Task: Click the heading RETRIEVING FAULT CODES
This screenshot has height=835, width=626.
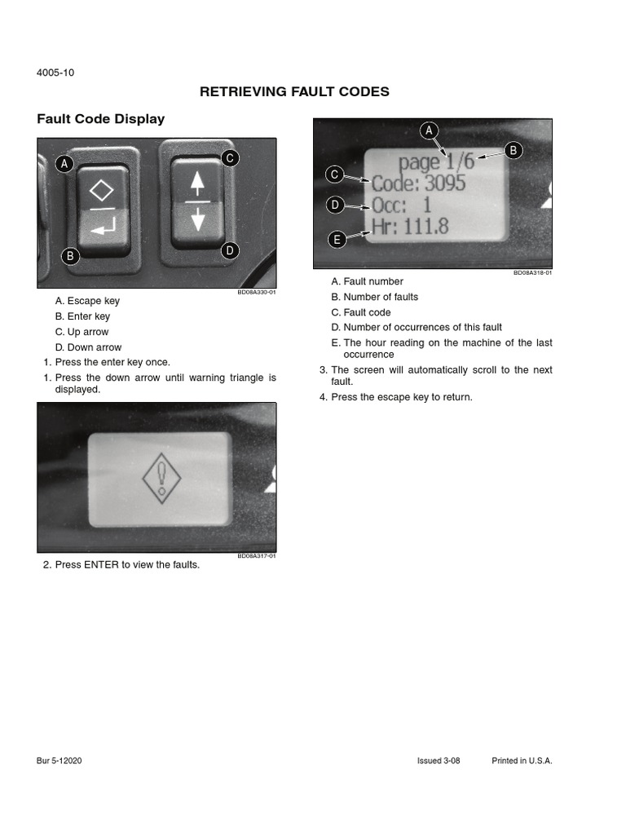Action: coord(294,92)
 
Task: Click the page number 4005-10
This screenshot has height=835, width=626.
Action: coord(55,73)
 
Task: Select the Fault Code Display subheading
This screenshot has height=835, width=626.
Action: coord(101,119)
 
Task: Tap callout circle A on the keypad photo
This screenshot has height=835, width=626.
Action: coord(64,165)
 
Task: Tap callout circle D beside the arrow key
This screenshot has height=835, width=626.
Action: coord(230,250)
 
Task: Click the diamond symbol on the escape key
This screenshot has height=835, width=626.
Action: coord(102,192)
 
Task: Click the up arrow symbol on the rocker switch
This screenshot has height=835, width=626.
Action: coord(196,184)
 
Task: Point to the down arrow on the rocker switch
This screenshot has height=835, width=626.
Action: coord(196,219)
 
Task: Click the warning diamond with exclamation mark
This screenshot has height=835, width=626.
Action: coord(161,478)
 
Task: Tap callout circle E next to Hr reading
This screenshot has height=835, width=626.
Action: coord(335,239)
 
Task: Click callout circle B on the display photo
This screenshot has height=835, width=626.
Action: coord(514,150)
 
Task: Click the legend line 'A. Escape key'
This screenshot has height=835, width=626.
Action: coord(87,301)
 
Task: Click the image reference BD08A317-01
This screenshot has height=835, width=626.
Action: coord(257,556)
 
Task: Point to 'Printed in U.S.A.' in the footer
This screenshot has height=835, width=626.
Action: coord(522,761)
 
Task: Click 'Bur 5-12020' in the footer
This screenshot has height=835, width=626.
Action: coord(60,761)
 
